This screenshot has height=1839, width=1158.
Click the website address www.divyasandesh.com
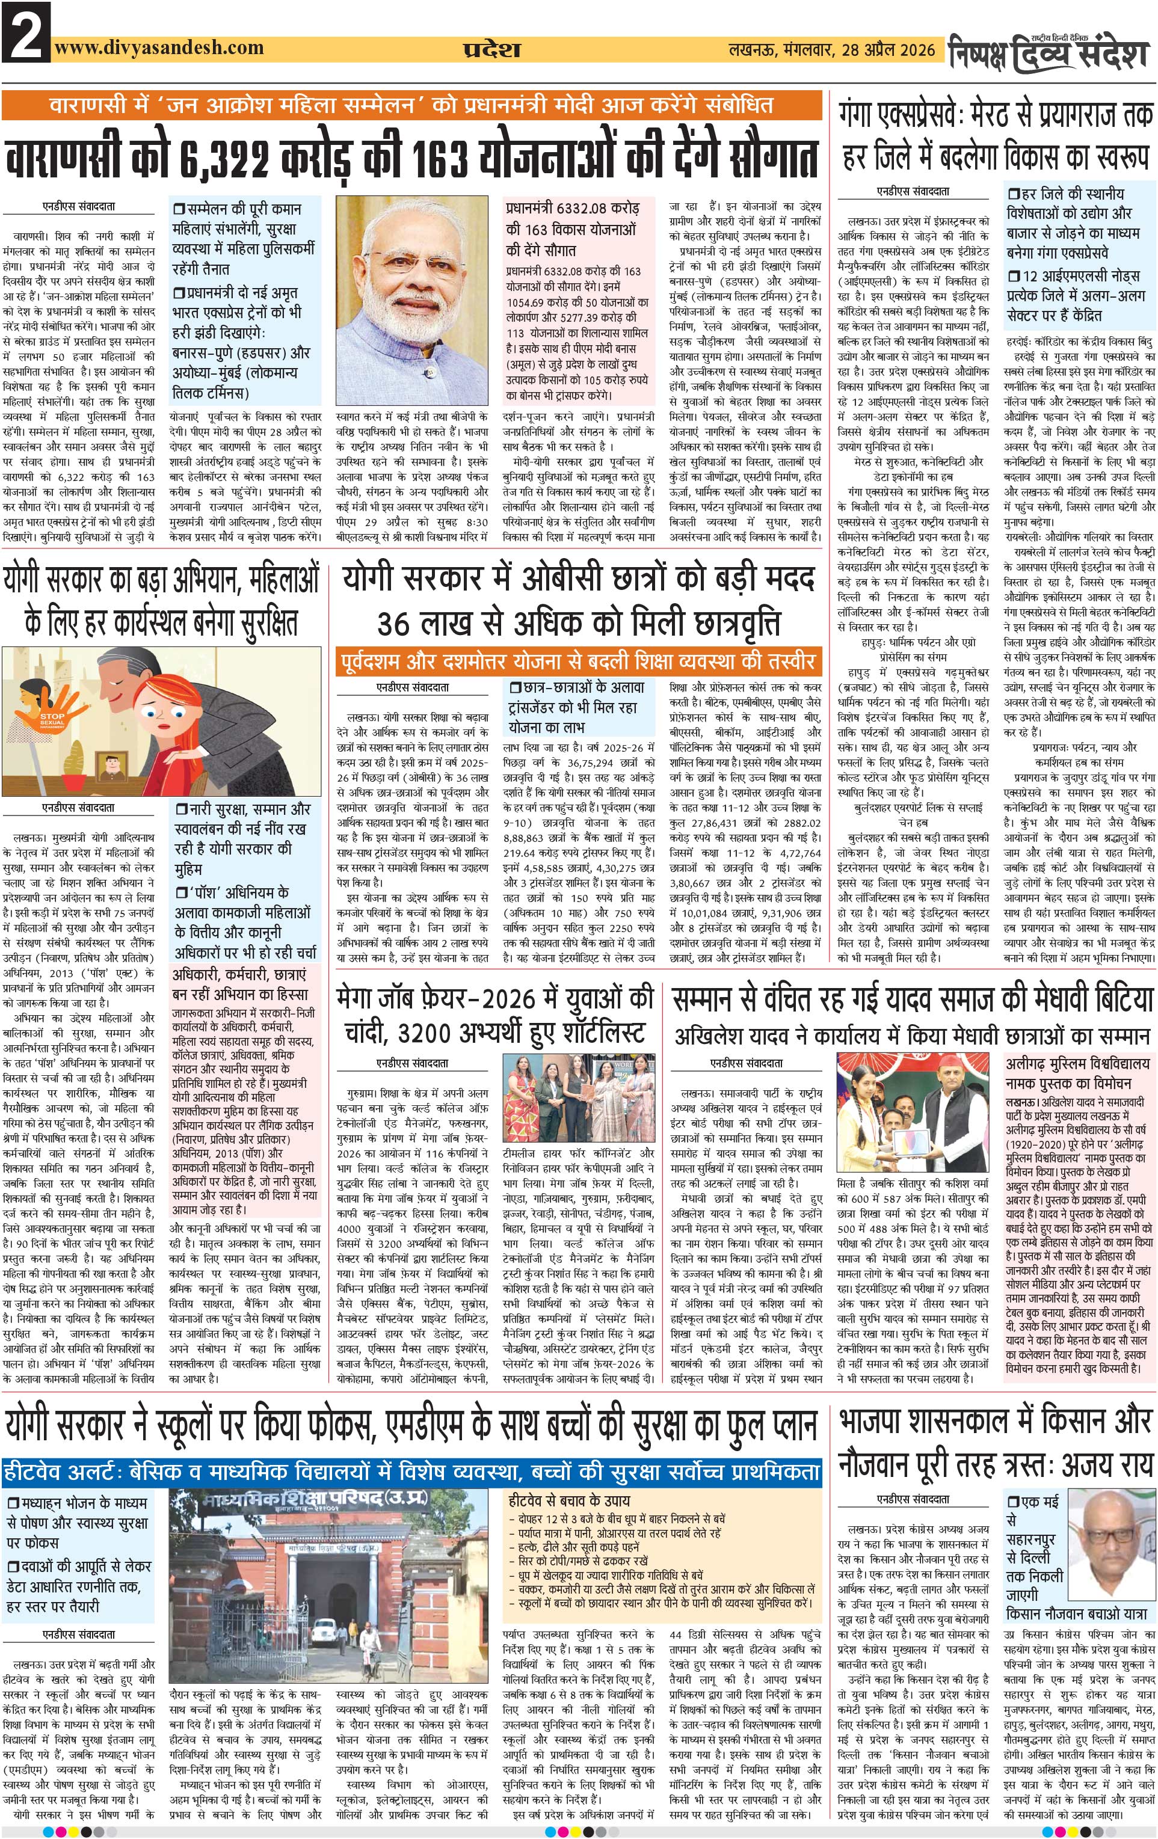pos(159,48)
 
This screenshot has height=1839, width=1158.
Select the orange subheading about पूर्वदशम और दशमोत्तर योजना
pos(577,660)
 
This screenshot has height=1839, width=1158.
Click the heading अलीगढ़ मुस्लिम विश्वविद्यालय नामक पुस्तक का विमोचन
pos(1077,1073)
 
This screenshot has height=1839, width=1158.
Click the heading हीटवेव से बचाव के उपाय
pos(569,1500)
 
